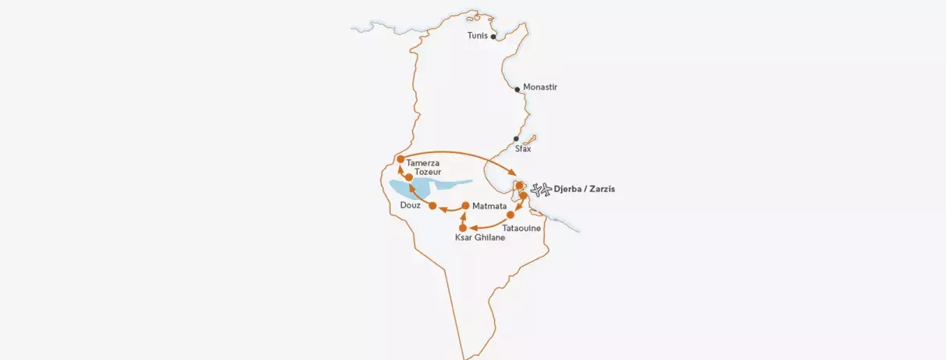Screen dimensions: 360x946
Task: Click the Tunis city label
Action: pyautogui.click(x=477, y=36)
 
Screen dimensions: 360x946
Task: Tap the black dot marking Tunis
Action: pyautogui.click(x=493, y=37)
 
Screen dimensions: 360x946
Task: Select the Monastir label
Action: pyautogui.click(x=540, y=87)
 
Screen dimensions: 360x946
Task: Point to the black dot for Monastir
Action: pyautogui.click(x=517, y=90)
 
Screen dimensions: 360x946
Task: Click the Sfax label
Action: pyautogui.click(x=523, y=148)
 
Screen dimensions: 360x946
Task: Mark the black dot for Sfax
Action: pyautogui.click(x=516, y=139)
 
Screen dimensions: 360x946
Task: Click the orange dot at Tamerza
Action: pyautogui.click(x=400, y=159)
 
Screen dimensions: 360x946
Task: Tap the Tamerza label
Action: pyautogui.click(x=423, y=162)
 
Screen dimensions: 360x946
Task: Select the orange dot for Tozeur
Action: pyautogui.click(x=409, y=177)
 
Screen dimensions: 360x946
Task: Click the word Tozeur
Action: pyautogui.click(x=429, y=172)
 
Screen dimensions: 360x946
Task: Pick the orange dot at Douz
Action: pyautogui.click(x=432, y=205)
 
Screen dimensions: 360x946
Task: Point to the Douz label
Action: pyautogui.click(x=410, y=205)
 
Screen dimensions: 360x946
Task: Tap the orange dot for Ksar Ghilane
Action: pyautogui.click(x=462, y=227)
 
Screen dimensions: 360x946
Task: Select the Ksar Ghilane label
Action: pyautogui.click(x=480, y=238)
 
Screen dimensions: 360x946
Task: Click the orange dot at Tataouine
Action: pyautogui.click(x=510, y=214)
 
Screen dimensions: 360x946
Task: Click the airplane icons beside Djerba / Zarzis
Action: pyautogui.click(x=539, y=189)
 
